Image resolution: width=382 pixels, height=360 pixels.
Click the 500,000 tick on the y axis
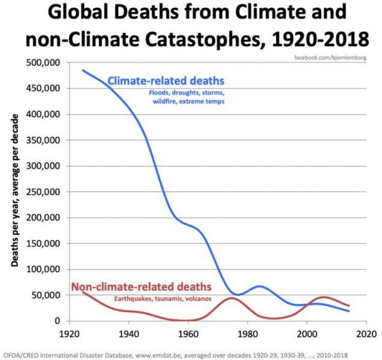click(x=43, y=62)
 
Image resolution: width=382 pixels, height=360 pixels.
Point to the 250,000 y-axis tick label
click(x=43, y=192)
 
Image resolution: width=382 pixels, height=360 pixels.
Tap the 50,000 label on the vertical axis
click(x=45, y=295)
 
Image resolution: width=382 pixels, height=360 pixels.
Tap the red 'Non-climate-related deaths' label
click(x=141, y=286)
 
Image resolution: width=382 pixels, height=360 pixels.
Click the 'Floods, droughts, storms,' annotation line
click(x=186, y=93)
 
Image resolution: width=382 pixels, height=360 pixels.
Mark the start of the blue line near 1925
click(x=83, y=70)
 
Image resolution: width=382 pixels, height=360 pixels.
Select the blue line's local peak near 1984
click(x=259, y=286)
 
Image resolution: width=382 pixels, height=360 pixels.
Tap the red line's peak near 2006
click(x=324, y=297)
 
